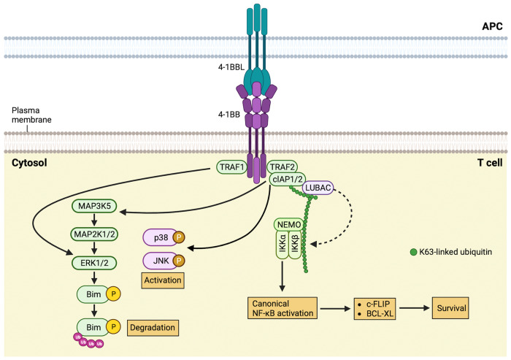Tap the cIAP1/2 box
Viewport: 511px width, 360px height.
(x=286, y=180)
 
